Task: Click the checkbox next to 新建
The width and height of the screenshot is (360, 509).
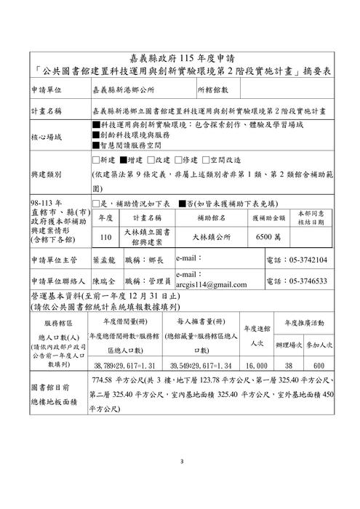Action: click(97, 160)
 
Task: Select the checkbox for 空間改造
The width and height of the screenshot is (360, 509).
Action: click(205, 160)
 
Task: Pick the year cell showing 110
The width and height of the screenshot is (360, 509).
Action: click(105, 236)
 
